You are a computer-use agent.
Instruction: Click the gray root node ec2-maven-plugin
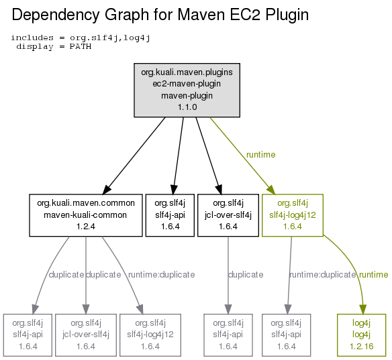coord(187,90)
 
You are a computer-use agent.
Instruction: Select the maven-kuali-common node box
coord(86,215)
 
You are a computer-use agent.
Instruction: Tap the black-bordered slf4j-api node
coord(170,215)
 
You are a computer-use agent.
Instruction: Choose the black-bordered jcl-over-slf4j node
coord(228,215)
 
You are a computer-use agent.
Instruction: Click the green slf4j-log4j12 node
coord(293,215)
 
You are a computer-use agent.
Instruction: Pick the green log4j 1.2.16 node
coord(362,335)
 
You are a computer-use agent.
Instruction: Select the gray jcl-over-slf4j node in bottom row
coord(86,335)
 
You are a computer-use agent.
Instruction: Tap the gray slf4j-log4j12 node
coord(150,335)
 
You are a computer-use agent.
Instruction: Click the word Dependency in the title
coord(56,15)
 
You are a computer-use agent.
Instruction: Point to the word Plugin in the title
coord(287,15)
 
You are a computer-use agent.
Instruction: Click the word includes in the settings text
coord(32,38)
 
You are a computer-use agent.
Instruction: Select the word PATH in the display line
coord(81,47)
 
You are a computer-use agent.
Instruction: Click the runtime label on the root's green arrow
coord(260,155)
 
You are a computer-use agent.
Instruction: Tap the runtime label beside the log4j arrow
coord(373,275)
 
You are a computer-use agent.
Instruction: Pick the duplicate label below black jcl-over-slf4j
coord(246,275)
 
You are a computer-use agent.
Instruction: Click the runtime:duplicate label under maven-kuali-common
coord(162,275)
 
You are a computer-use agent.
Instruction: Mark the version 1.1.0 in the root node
coord(187,107)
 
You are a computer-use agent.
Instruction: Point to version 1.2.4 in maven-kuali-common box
coord(86,227)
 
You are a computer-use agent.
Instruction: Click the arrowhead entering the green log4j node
coord(363,309)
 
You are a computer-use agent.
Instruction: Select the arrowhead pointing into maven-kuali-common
coord(107,190)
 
